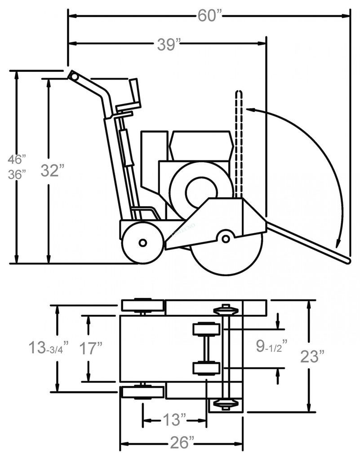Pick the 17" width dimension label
pos(91,348)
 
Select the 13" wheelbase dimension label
pos(174,420)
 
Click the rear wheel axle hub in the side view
pos(142,243)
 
